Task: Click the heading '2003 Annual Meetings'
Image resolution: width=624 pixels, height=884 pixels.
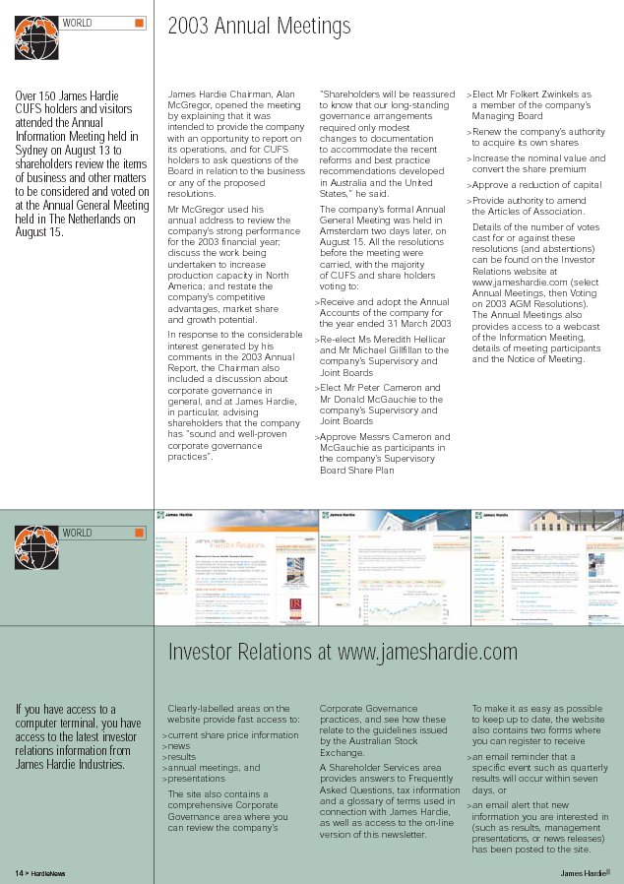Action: click(x=259, y=27)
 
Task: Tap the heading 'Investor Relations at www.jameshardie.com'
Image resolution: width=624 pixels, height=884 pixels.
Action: click(x=343, y=653)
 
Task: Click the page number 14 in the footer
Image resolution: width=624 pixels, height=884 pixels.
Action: click(x=19, y=873)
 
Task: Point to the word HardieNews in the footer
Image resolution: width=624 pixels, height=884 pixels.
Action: click(x=47, y=873)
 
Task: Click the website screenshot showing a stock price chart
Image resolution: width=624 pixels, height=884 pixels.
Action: click(x=394, y=567)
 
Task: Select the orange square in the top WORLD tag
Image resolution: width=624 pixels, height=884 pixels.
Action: click(x=139, y=23)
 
